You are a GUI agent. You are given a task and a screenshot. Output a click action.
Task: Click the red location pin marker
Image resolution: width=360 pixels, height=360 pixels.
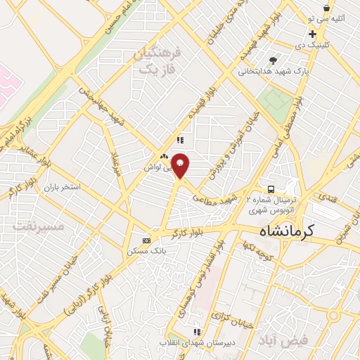pos(181,165)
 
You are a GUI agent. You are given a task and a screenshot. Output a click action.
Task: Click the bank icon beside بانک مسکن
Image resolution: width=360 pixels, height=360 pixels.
pos(146,240)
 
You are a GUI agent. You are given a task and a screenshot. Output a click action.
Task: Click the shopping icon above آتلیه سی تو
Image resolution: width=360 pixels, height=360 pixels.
pos(326,8)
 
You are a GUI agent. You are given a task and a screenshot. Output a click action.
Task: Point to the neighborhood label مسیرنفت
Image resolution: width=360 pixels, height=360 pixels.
pos(39,226)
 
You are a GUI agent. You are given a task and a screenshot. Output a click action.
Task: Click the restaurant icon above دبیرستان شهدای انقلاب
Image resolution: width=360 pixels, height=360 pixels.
pos(198,331)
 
